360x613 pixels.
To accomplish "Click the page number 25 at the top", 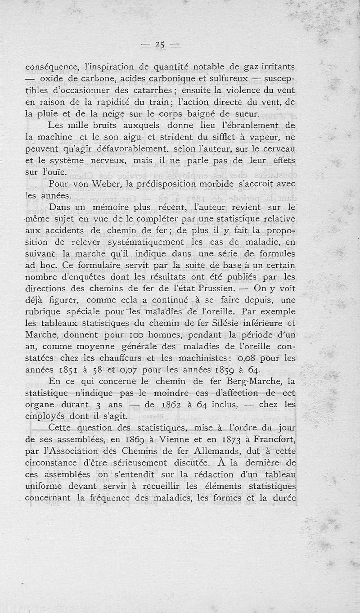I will click(159, 44).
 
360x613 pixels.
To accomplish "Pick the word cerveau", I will click(277, 148).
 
